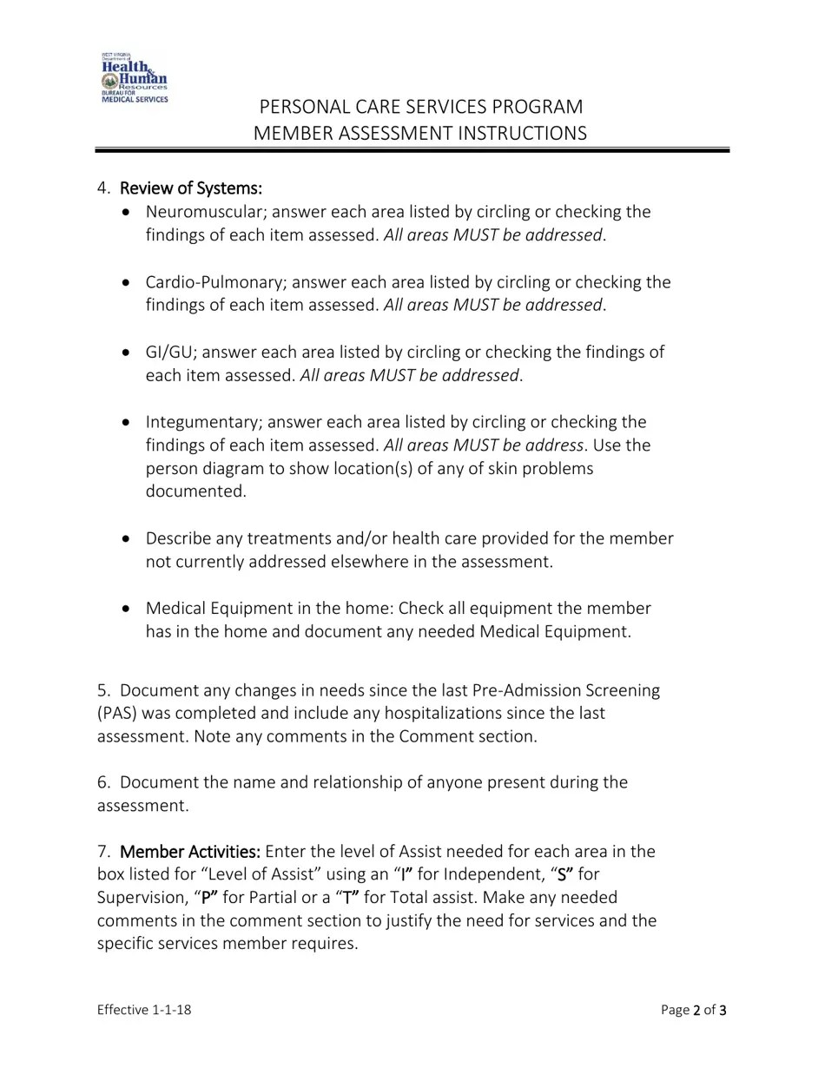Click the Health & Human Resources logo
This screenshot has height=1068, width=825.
(135, 78)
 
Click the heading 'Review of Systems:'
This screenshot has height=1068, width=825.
(190, 188)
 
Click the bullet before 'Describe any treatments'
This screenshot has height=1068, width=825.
(129, 538)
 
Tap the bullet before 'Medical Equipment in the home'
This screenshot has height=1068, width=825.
(129, 609)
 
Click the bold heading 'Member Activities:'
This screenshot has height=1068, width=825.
(190, 851)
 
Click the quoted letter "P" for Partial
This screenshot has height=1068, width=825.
(208, 897)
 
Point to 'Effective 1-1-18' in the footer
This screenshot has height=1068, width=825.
(144, 1010)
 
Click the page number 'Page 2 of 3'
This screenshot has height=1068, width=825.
(693, 1010)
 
